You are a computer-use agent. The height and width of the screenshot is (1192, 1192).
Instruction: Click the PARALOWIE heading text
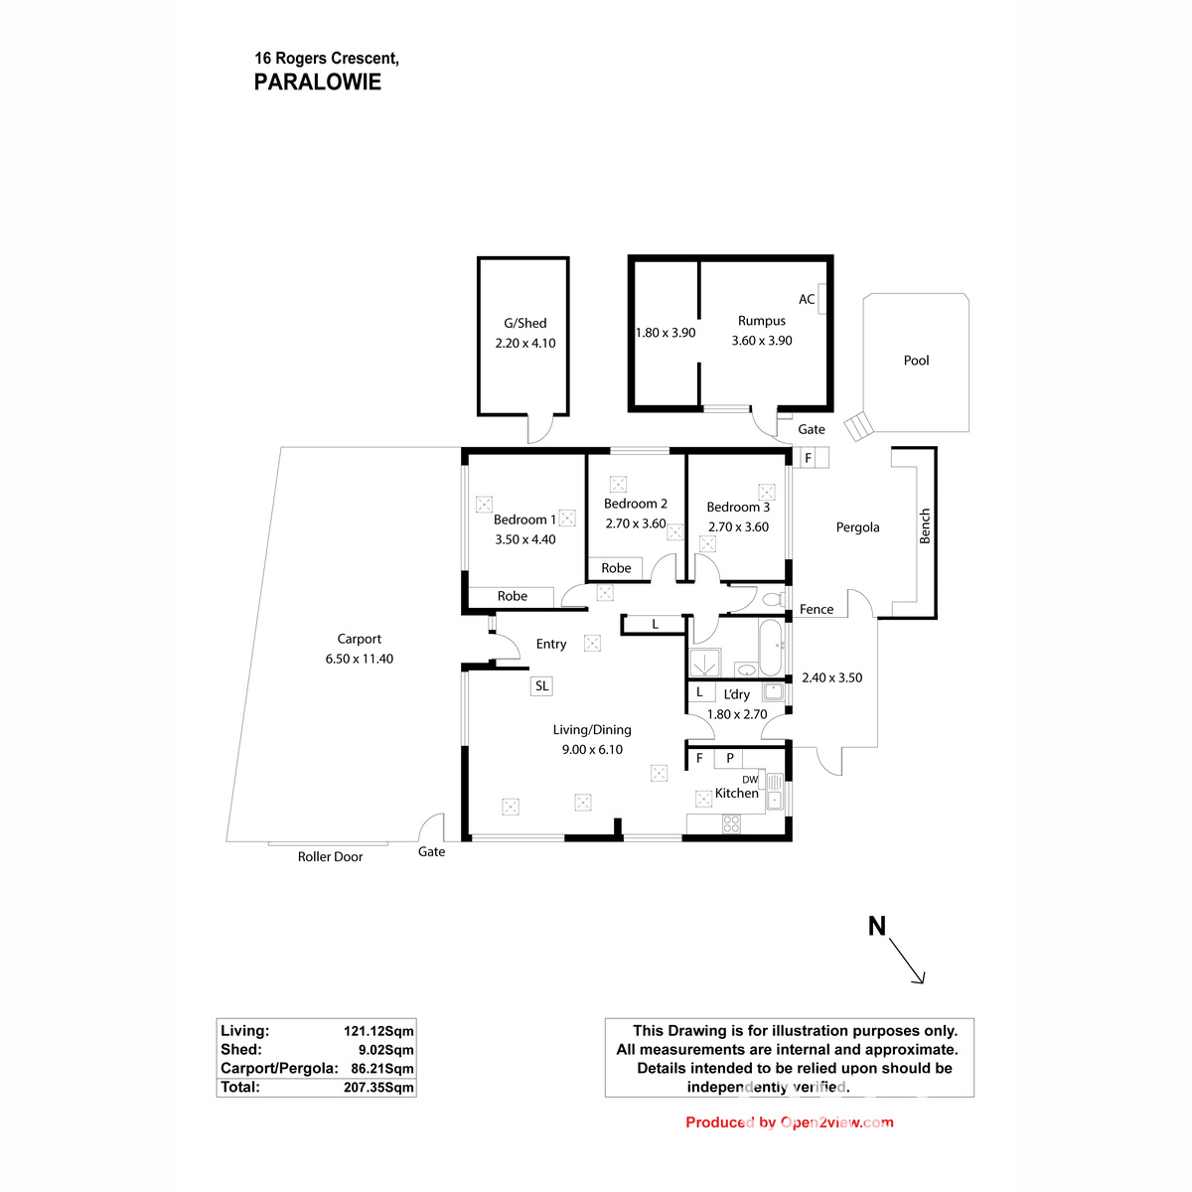point(317,82)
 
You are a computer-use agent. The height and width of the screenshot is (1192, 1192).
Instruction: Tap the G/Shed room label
point(524,323)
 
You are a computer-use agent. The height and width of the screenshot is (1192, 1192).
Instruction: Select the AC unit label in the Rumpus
point(807,299)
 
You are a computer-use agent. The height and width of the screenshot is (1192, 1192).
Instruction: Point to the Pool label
point(916,361)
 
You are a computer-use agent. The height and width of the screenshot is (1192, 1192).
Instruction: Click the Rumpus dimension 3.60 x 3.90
point(762,341)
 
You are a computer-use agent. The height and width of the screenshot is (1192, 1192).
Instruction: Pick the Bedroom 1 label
point(524,520)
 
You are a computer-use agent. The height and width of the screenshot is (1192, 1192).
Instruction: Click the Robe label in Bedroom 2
point(616,568)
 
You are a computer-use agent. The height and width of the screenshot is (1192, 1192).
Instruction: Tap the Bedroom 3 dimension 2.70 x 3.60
point(738,527)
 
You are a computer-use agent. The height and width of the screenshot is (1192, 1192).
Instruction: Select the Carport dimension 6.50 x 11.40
point(359,659)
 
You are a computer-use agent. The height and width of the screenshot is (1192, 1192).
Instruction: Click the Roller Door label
point(330,856)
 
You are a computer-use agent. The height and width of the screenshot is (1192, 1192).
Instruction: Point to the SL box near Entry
point(541,685)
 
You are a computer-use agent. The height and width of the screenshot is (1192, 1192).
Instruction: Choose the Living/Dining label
point(592,729)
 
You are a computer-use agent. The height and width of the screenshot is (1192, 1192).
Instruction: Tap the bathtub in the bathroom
point(772,647)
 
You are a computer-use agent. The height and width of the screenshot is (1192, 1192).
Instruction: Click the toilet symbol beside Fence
point(772,600)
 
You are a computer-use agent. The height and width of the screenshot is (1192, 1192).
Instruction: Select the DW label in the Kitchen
point(750,780)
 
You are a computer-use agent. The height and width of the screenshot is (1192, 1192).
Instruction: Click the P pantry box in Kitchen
point(730,758)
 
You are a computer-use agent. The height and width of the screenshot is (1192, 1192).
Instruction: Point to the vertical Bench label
point(925,525)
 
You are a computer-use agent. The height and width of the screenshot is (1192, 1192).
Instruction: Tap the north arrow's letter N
point(876,926)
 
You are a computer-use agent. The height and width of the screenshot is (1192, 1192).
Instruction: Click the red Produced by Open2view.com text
point(789,1122)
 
